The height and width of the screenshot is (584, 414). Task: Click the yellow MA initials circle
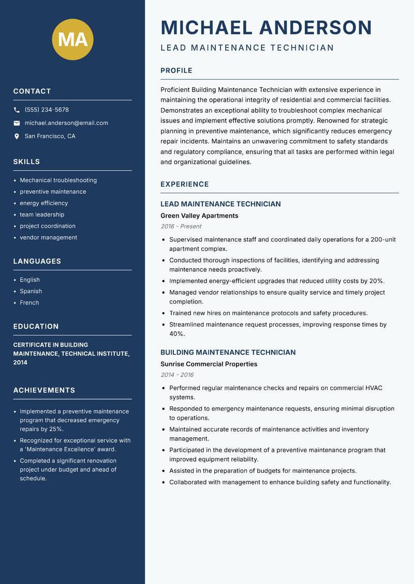pyautogui.click(x=72, y=39)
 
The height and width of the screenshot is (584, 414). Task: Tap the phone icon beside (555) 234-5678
pyautogui.click(x=17, y=110)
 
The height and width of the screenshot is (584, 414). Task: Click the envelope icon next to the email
pyautogui.click(x=17, y=123)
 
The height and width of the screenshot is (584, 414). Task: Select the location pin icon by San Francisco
pyautogui.click(x=17, y=136)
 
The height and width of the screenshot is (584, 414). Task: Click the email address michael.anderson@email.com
pyautogui.click(x=66, y=123)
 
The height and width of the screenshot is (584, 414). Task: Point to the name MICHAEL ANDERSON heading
pyautogui.click(x=266, y=27)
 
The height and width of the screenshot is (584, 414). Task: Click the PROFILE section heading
pyautogui.click(x=176, y=71)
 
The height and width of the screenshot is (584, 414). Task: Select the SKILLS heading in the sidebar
pyautogui.click(x=26, y=162)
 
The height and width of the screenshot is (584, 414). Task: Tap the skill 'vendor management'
pyautogui.click(x=48, y=238)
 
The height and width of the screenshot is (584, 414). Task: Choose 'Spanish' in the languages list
pyautogui.click(x=31, y=291)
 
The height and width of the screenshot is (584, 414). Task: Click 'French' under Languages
pyautogui.click(x=29, y=303)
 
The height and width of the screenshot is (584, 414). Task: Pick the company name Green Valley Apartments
pyautogui.click(x=199, y=216)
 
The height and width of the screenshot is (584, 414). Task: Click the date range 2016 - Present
pyautogui.click(x=181, y=226)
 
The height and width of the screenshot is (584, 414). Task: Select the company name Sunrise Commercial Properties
pyautogui.click(x=209, y=364)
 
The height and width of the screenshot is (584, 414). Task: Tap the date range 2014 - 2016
pyautogui.click(x=176, y=375)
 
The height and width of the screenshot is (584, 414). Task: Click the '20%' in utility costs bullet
pyautogui.click(x=377, y=281)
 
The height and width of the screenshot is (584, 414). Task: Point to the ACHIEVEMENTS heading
pyautogui.click(x=44, y=390)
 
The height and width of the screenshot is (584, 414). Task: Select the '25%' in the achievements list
pyautogui.click(x=56, y=429)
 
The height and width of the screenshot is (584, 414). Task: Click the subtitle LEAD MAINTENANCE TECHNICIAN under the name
pyautogui.click(x=247, y=48)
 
